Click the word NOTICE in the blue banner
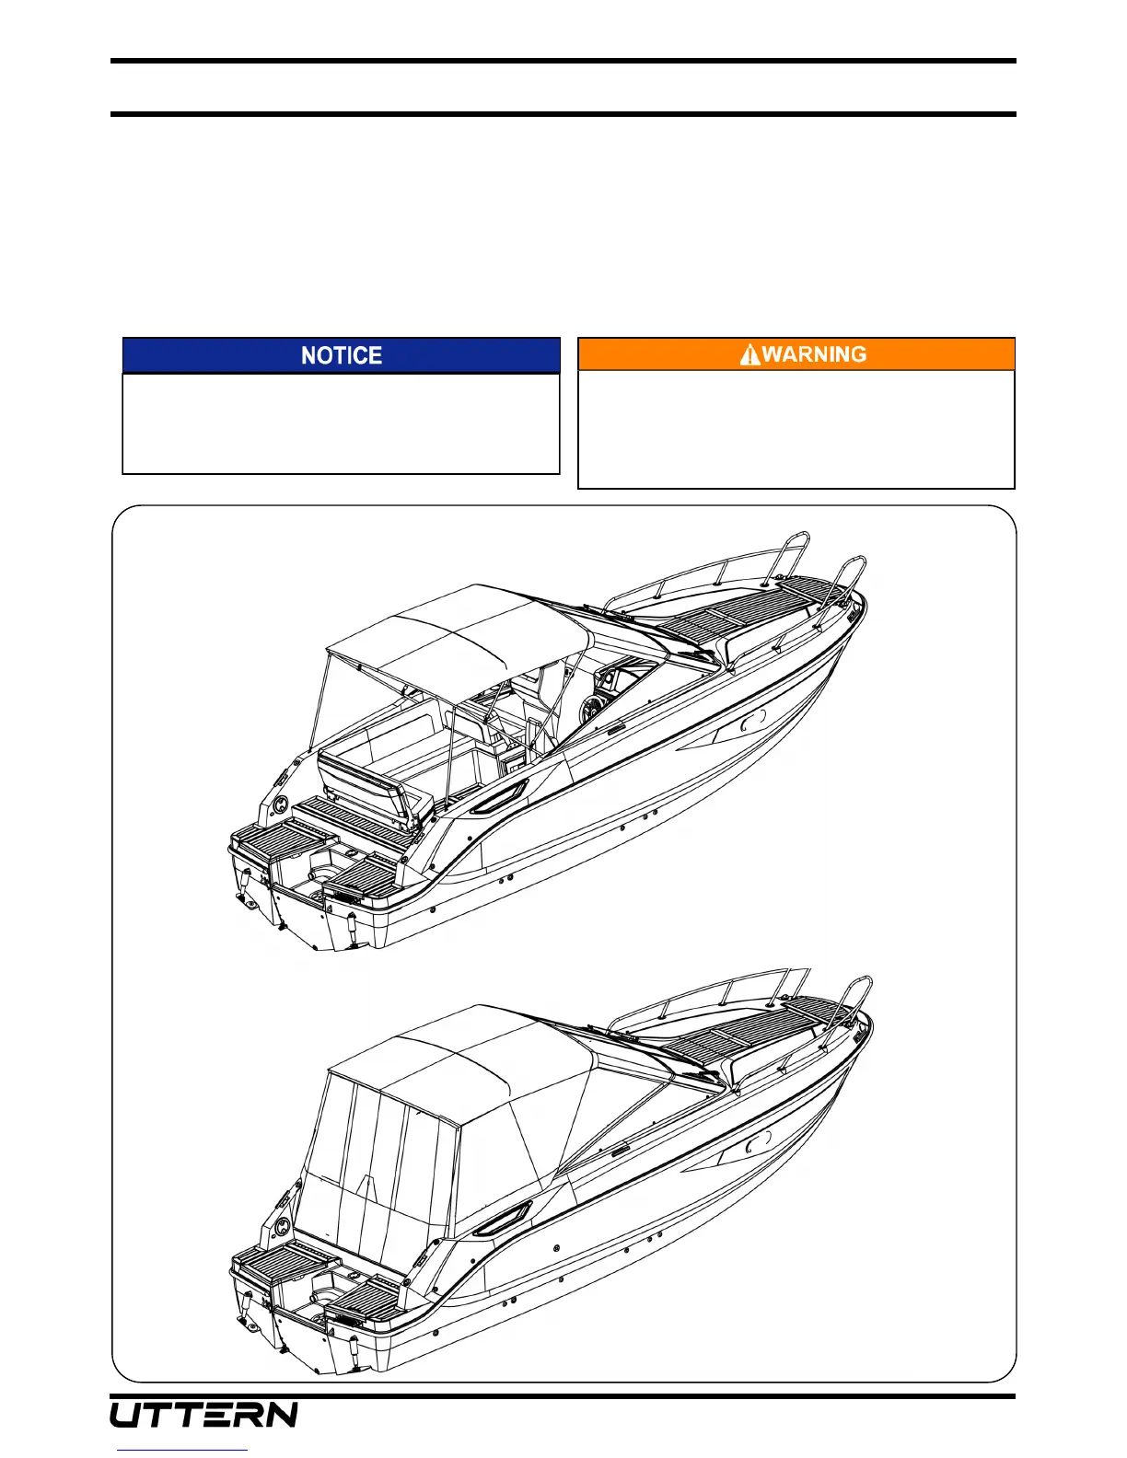pyautogui.click(x=342, y=355)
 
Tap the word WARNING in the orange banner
pyautogui.click(x=814, y=354)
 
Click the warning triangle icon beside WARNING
pyautogui.click(x=750, y=354)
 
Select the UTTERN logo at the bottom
pyautogui.click(x=204, y=1415)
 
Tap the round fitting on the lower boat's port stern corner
pyautogui.click(x=283, y=1226)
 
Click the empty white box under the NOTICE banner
pyautogui.click(x=342, y=423)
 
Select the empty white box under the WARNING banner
pyautogui.click(x=796, y=429)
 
